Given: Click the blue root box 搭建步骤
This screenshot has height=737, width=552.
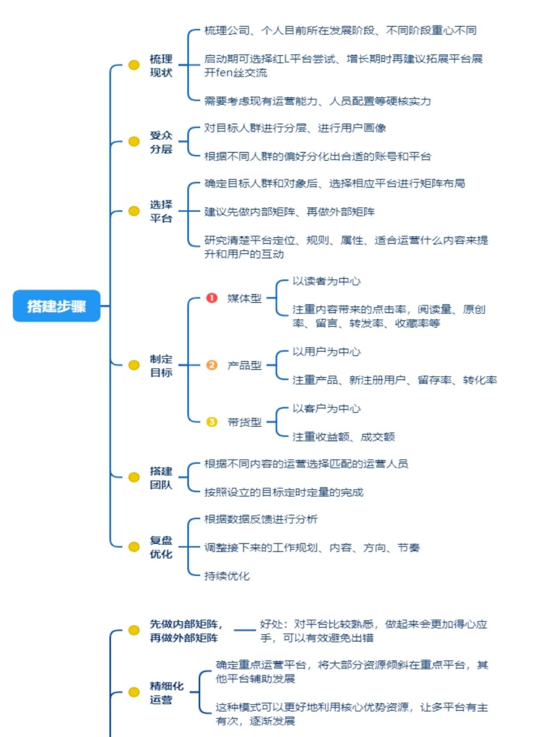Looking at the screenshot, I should (56, 306).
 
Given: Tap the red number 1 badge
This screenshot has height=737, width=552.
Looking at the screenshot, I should (212, 298).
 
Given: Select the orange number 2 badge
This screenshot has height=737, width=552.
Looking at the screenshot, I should (212, 365).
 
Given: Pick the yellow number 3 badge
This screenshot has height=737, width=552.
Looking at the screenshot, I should (212, 422).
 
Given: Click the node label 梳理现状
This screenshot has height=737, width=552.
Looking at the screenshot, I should (161, 66).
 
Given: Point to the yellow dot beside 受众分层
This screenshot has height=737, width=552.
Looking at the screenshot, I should (134, 142).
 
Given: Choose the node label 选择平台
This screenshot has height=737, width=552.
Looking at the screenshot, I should (161, 211).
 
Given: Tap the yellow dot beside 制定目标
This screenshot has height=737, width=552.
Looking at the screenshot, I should (134, 365).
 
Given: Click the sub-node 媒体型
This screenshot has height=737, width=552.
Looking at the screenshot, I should (244, 298).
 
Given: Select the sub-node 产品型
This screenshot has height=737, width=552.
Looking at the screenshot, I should (244, 365).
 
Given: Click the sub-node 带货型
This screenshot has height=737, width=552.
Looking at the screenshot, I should (244, 422).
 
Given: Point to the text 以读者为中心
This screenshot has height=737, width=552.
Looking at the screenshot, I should (326, 281).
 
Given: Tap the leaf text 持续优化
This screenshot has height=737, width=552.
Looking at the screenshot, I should (227, 576).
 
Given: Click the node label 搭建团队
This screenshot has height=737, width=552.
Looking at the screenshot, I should (161, 478).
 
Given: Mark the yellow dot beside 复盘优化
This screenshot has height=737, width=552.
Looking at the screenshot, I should (134, 547).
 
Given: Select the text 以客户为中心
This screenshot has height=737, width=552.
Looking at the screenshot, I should (326, 408).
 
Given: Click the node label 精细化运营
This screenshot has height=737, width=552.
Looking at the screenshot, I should (166, 693).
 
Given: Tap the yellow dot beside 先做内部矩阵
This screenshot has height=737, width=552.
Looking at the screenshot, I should (134, 630).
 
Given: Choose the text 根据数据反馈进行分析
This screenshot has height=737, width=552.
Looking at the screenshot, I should (261, 519).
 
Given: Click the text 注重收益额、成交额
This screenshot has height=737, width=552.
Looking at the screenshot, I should (344, 437).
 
